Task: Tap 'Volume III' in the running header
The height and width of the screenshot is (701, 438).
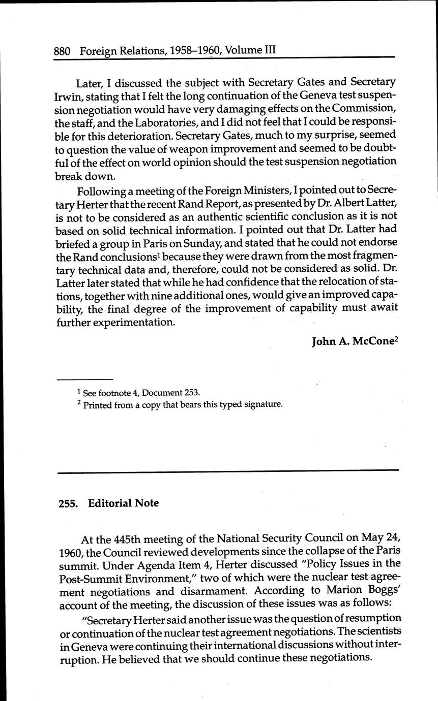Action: click(x=250, y=51)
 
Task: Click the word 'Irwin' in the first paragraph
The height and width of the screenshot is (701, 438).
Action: click(x=67, y=95)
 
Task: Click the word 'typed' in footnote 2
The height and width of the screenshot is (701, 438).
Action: click(x=222, y=405)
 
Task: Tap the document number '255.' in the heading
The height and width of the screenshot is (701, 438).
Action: click(x=69, y=503)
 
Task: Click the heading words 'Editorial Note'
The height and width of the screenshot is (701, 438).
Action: click(x=124, y=503)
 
